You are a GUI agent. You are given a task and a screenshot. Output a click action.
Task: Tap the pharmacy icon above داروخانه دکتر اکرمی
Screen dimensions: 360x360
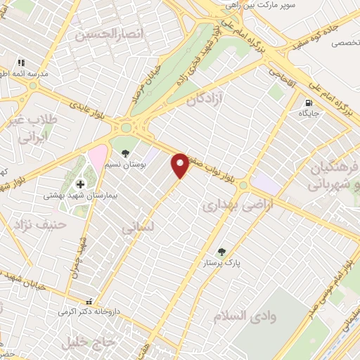pyautogui.click(x=87, y=300)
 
